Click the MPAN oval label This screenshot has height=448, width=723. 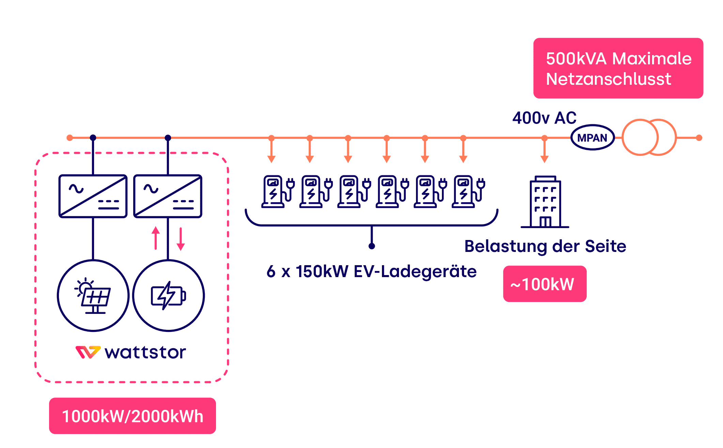[592, 138]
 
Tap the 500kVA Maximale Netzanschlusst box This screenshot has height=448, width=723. [618, 68]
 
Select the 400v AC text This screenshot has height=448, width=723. [544, 118]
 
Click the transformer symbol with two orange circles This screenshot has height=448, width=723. [649, 137]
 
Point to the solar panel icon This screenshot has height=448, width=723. [93, 295]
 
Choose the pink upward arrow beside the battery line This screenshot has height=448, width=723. [156, 238]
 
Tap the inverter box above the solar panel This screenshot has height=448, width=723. [93, 196]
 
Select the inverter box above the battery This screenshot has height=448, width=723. [168, 196]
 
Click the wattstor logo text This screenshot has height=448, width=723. [145, 352]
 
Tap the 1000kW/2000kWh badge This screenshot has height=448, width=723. [133, 416]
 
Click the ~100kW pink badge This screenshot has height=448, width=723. [544, 284]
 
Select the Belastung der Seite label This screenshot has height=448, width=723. [545, 246]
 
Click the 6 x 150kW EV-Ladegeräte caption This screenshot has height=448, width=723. [371, 271]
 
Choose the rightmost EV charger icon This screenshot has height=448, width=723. [468, 191]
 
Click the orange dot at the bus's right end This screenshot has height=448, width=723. [699, 138]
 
